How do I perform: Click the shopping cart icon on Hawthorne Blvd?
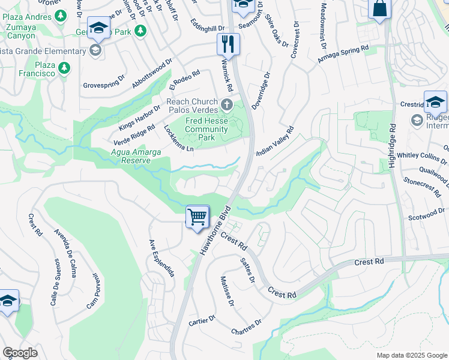[x=197, y=217]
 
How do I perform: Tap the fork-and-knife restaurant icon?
[x=228, y=43]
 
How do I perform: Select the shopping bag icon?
[x=379, y=9]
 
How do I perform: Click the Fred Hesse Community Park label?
[x=206, y=129]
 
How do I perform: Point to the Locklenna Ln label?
[x=179, y=139]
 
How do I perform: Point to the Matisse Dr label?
[x=226, y=292]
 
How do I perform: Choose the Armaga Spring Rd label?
[x=342, y=54]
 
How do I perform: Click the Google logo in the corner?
[x=20, y=353]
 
